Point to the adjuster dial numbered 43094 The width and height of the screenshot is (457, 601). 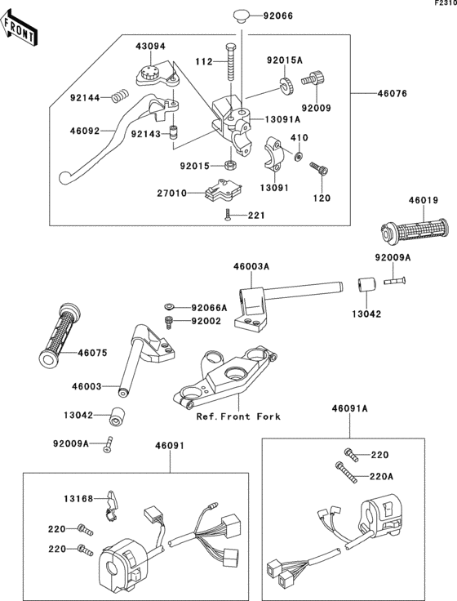150,73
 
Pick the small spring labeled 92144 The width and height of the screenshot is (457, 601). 121,97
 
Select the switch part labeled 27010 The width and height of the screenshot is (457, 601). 221,191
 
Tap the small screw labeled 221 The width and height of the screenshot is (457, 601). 228,215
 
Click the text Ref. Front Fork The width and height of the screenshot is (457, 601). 237,416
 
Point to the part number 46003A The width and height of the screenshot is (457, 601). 252,266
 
